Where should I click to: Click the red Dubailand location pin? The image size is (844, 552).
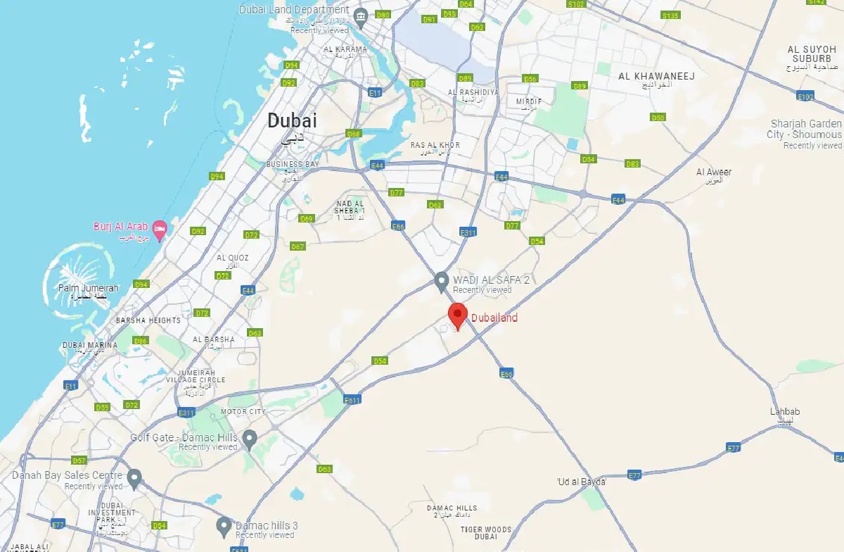pos(459,315)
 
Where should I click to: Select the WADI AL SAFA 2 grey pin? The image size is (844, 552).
pos(441,281)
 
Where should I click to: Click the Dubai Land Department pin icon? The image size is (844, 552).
pos(361,16)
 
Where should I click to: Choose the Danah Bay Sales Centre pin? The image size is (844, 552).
pos(134,477)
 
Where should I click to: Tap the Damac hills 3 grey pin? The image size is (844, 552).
pos(224,525)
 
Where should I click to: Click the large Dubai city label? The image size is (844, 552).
pos(292,121)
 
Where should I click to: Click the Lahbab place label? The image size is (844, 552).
pos(785,412)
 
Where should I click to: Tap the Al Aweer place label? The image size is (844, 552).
pos(714,172)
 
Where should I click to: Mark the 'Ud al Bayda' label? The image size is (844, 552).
pos(581,482)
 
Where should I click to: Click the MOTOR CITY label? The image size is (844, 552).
pos(243,411)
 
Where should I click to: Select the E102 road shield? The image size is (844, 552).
pos(806,96)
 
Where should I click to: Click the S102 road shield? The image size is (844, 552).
pos(576,4)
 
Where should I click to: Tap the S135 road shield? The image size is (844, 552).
pos(670,15)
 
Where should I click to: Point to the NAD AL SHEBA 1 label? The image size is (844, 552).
pos(350,207)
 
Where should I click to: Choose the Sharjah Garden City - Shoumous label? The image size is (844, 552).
pos(805,130)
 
